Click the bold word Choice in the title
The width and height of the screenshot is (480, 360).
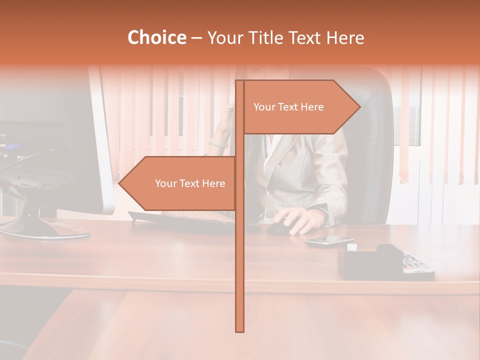point(156,37)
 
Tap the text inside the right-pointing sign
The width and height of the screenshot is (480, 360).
point(288,107)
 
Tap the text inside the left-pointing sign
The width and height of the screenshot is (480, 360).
point(190,183)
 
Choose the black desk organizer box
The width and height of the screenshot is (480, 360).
point(367,261)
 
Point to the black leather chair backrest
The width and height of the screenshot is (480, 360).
point(367,150)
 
